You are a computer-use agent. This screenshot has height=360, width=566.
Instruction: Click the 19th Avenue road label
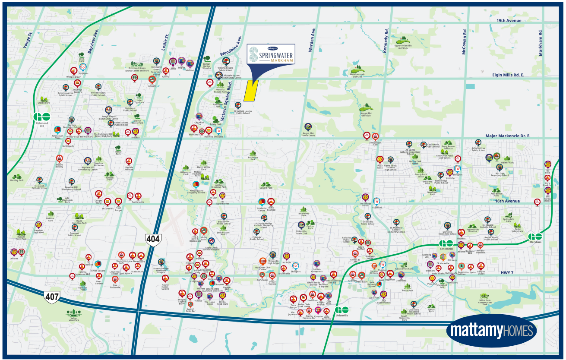point(509,20)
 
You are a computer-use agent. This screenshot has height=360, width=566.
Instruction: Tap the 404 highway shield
point(153,239)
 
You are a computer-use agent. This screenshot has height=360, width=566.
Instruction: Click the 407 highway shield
point(51,297)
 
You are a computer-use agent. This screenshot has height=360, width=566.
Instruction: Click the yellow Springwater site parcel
point(250,91)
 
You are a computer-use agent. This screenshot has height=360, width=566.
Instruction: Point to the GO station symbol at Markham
point(535,237)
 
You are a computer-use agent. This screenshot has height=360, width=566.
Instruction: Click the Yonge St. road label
point(29,40)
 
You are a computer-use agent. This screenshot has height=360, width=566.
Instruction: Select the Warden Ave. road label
point(313,40)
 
